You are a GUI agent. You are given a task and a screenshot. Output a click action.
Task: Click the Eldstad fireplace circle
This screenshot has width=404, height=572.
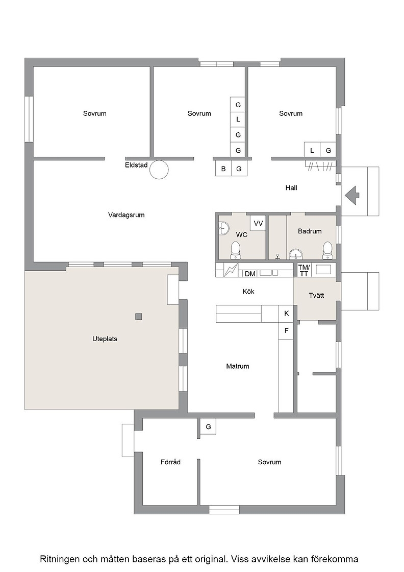click(x=159, y=170)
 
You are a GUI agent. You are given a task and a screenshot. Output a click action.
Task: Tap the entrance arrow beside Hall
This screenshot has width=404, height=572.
click(x=352, y=196)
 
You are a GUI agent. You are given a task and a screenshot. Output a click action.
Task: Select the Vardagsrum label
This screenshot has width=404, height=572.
click(x=126, y=215)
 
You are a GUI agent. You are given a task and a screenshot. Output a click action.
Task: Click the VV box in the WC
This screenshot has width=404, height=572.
click(x=258, y=223)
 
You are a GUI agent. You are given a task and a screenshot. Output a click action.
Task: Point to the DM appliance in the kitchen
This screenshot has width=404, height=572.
click(x=250, y=273)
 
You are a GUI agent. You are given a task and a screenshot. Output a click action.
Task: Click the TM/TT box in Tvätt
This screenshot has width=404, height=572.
click(x=304, y=270)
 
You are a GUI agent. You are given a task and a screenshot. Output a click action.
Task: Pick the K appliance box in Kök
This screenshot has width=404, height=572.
click(x=286, y=314)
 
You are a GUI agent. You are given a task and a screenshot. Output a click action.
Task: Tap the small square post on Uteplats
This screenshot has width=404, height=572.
click(x=138, y=317)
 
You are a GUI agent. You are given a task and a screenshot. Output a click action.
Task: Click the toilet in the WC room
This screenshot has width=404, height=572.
click(x=236, y=250)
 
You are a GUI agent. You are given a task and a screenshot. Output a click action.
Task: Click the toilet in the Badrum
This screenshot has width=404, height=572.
click(x=327, y=250)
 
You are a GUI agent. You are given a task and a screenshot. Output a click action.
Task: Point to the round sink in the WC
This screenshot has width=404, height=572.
click(x=223, y=229)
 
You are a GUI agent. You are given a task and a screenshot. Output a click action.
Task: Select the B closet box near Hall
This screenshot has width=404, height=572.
click(x=223, y=169)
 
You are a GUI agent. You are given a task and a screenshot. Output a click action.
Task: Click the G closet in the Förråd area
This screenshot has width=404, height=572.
click(x=208, y=426)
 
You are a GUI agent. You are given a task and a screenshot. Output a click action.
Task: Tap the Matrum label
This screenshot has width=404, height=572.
click(x=238, y=366)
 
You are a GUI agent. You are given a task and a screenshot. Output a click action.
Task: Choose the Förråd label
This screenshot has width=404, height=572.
click(x=170, y=462)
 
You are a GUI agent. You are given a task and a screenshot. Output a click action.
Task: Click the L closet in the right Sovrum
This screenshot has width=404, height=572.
click(x=312, y=150)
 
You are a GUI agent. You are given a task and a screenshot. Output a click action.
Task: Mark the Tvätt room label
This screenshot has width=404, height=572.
click(x=316, y=296)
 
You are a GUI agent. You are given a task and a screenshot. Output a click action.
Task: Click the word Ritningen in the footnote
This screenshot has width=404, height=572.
click(x=59, y=559)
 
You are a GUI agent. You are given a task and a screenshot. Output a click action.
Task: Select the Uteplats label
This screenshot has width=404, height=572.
click(x=105, y=339)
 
